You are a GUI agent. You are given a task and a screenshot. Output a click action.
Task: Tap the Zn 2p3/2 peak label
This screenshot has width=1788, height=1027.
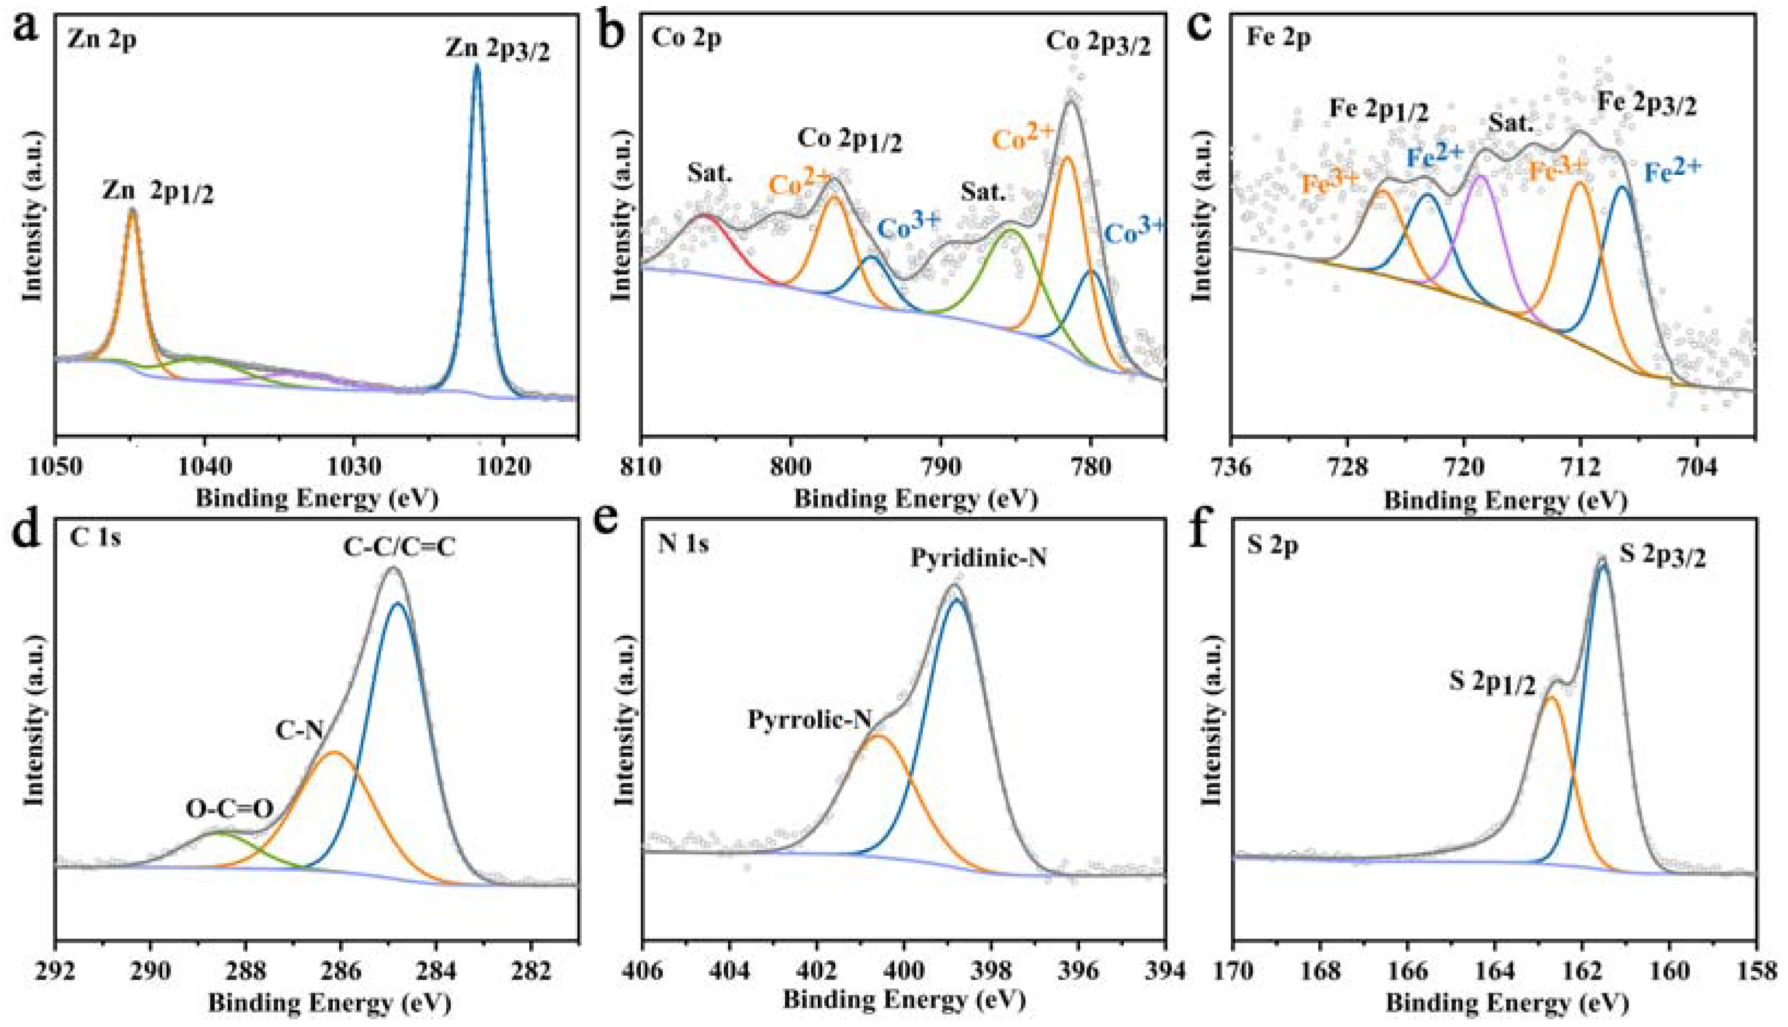[497, 49]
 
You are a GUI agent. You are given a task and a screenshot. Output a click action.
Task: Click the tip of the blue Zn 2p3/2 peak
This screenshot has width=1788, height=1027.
[477, 68]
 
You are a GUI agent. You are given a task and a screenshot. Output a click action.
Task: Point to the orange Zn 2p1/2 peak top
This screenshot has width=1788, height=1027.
[132, 211]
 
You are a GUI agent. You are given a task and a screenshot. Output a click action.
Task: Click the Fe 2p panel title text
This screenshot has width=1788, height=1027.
[1278, 39]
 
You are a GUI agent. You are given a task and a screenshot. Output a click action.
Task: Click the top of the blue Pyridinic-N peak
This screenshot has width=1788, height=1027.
[957, 600]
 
